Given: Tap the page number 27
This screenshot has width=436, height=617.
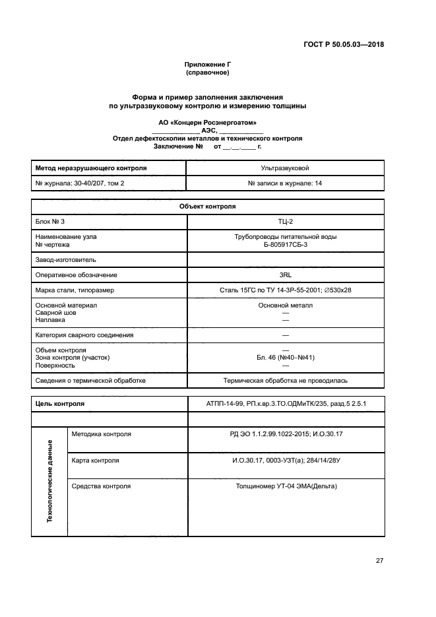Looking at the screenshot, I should pyautogui.click(x=379, y=561).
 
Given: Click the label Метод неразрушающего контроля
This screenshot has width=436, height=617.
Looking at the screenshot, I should pyautogui.click(x=90, y=168).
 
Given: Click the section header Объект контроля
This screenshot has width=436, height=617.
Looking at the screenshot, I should pyautogui.click(x=207, y=206).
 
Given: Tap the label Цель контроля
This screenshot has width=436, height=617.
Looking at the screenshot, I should pyautogui.click(x=59, y=403).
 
